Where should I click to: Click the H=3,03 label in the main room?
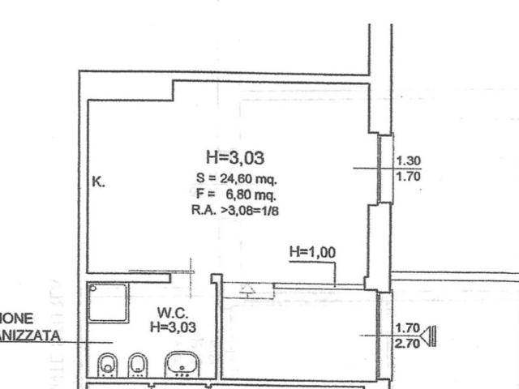[x=235, y=157]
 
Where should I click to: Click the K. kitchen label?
[x=98, y=182]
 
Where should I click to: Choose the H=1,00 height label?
[x=312, y=252]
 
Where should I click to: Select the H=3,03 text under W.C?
[x=173, y=327]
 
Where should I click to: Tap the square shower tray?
[x=108, y=303]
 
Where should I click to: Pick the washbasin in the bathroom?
[x=182, y=366]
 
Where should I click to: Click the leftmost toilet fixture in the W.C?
[x=107, y=365]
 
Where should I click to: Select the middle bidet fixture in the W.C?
[x=138, y=365]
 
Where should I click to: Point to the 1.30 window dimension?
[x=407, y=160]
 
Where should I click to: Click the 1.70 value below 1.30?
[x=407, y=174]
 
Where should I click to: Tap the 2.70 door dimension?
[x=407, y=343]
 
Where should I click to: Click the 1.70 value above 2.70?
[x=407, y=328]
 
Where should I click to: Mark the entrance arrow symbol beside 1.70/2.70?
[x=429, y=336]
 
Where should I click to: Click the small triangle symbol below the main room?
[x=247, y=289]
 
